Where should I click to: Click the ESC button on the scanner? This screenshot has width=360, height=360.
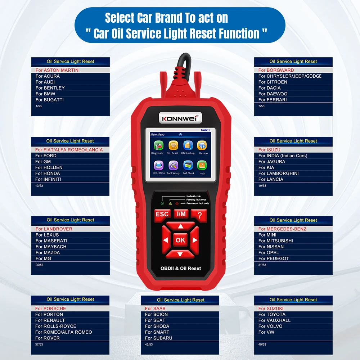pos(162,214)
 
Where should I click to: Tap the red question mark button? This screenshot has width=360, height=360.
pos(199,214)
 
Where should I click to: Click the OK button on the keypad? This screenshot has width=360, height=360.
pos(180,240)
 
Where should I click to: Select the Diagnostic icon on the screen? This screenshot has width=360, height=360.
pos(158,146)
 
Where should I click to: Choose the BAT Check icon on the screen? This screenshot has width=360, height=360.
pos(188,166)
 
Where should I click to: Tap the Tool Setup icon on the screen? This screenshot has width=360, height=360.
pos(173,166)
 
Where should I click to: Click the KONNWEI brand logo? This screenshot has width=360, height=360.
pos(181,118)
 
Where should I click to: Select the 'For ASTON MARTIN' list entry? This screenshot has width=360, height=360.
pos(57,70)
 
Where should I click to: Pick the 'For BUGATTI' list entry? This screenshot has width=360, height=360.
pos(50,100)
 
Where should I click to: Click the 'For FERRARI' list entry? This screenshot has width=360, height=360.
pos(273,100)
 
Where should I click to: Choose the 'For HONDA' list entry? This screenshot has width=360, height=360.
pos(48,173)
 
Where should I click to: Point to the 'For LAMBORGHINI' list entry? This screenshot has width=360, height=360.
pos(278,173)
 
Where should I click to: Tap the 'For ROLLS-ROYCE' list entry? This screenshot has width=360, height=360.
pos(55,326)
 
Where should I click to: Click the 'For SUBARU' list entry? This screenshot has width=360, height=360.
pos(158,338)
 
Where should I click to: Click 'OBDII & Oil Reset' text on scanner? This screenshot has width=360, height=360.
pos(181,268)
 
